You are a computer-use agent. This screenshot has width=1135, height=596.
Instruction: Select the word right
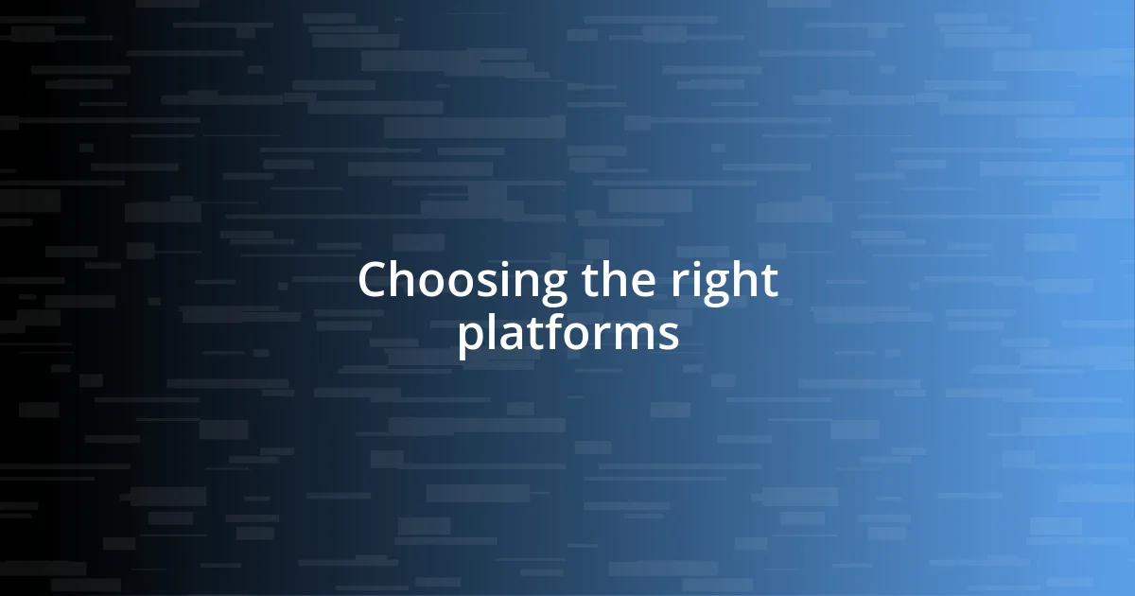(725, 282)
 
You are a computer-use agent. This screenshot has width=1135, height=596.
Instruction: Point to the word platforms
(567, 335)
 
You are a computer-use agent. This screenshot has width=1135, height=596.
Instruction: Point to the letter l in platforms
(493, 332)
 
